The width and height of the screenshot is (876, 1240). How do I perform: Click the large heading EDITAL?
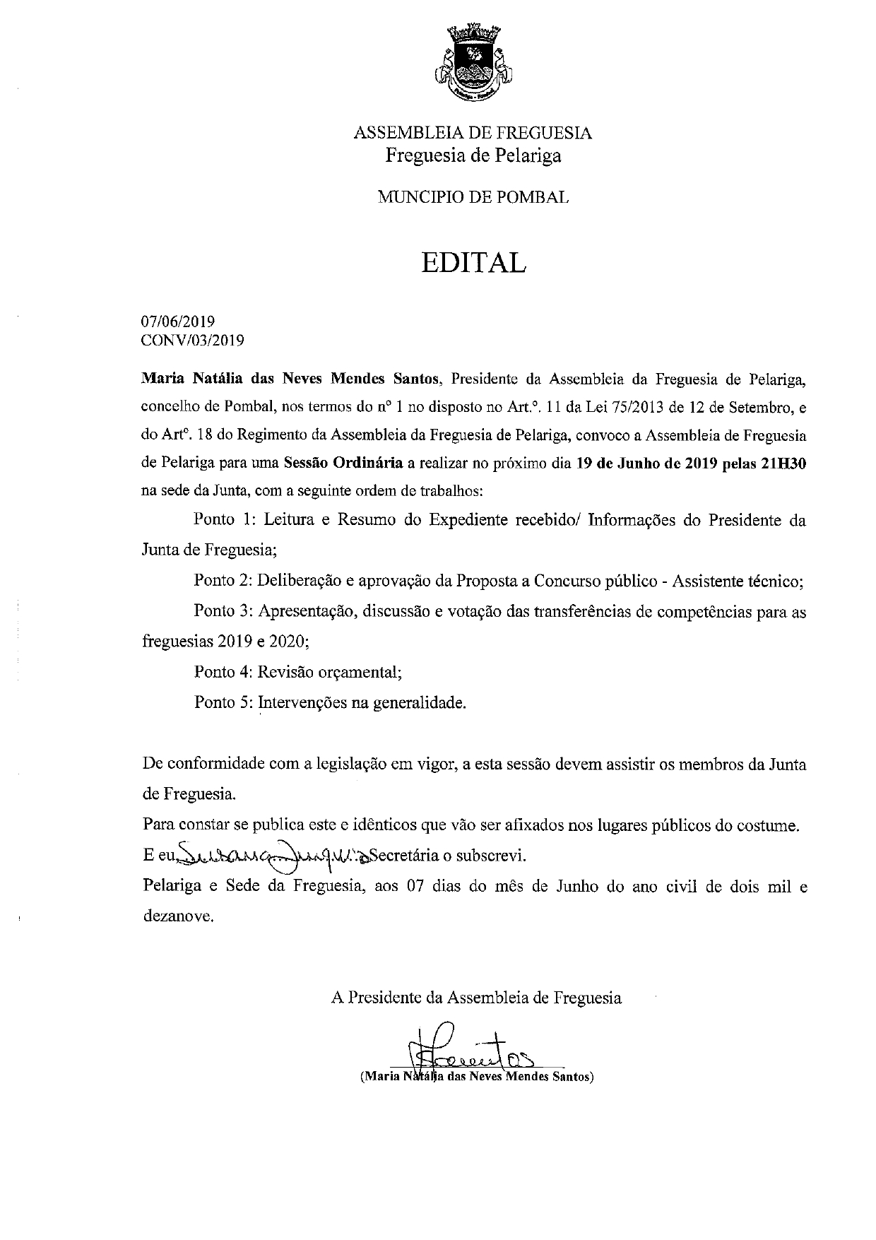click(473, 262)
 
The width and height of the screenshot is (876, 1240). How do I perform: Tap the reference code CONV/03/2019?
click(193, 341)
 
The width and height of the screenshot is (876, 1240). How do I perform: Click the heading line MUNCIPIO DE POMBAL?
click(473, 198)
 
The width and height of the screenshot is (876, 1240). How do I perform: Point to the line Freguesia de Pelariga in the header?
click(473, 155)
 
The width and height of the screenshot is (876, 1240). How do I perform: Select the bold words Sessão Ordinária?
click(343, 464)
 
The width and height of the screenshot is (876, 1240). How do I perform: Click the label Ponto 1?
click(224, 521)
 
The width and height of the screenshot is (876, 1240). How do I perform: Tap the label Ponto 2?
click(223, 581)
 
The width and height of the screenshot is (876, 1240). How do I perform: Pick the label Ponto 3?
click(223, 612)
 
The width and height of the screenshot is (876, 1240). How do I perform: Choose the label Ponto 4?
click(223, 672)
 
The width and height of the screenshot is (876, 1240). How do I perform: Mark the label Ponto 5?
click(223, 703)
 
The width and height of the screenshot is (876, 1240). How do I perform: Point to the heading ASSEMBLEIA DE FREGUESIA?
click(473, 133)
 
